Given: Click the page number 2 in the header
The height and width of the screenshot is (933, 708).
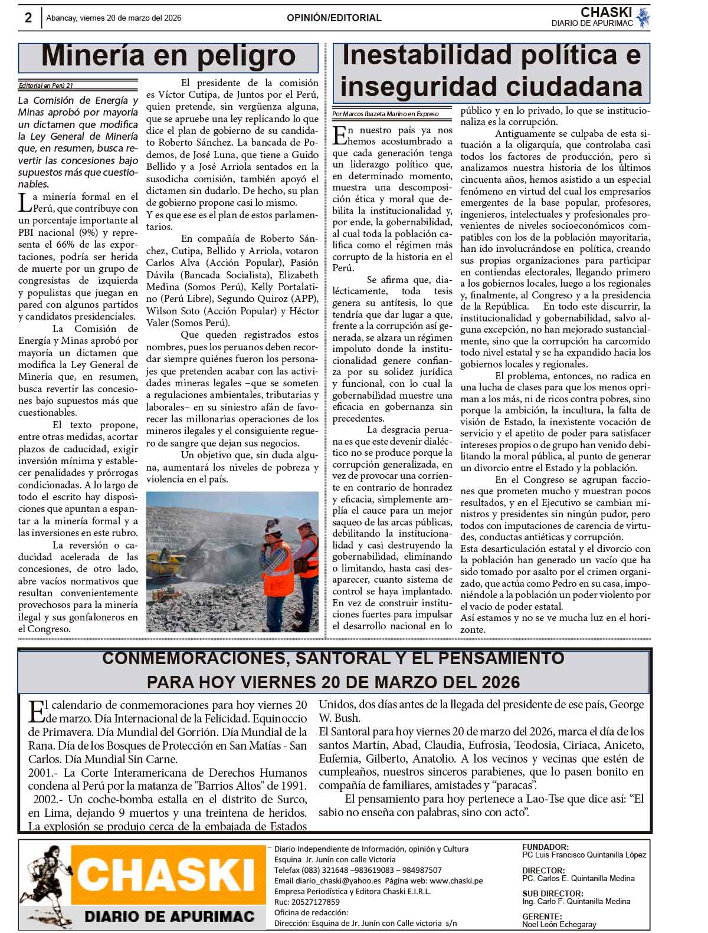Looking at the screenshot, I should click(x=28, y=18).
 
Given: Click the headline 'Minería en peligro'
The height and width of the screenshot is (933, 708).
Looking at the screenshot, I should click(x=168, y=57).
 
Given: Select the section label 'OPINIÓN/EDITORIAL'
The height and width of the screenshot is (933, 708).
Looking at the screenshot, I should click(x=334, y=18).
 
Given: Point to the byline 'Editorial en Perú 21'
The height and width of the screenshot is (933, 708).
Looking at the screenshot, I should click(x=46, y=86).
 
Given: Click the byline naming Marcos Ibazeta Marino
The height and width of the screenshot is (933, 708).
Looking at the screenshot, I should click(x=385, y=113).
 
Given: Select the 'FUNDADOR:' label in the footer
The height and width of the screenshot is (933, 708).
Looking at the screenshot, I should click(x=545, y=847).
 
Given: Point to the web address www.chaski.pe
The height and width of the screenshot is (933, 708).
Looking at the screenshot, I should click(x=456, y=881).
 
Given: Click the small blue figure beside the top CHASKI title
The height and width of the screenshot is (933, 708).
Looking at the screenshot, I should click(x=643, y=18).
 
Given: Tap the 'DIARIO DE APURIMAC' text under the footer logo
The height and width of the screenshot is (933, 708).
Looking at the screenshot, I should click(x=169, y=916).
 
